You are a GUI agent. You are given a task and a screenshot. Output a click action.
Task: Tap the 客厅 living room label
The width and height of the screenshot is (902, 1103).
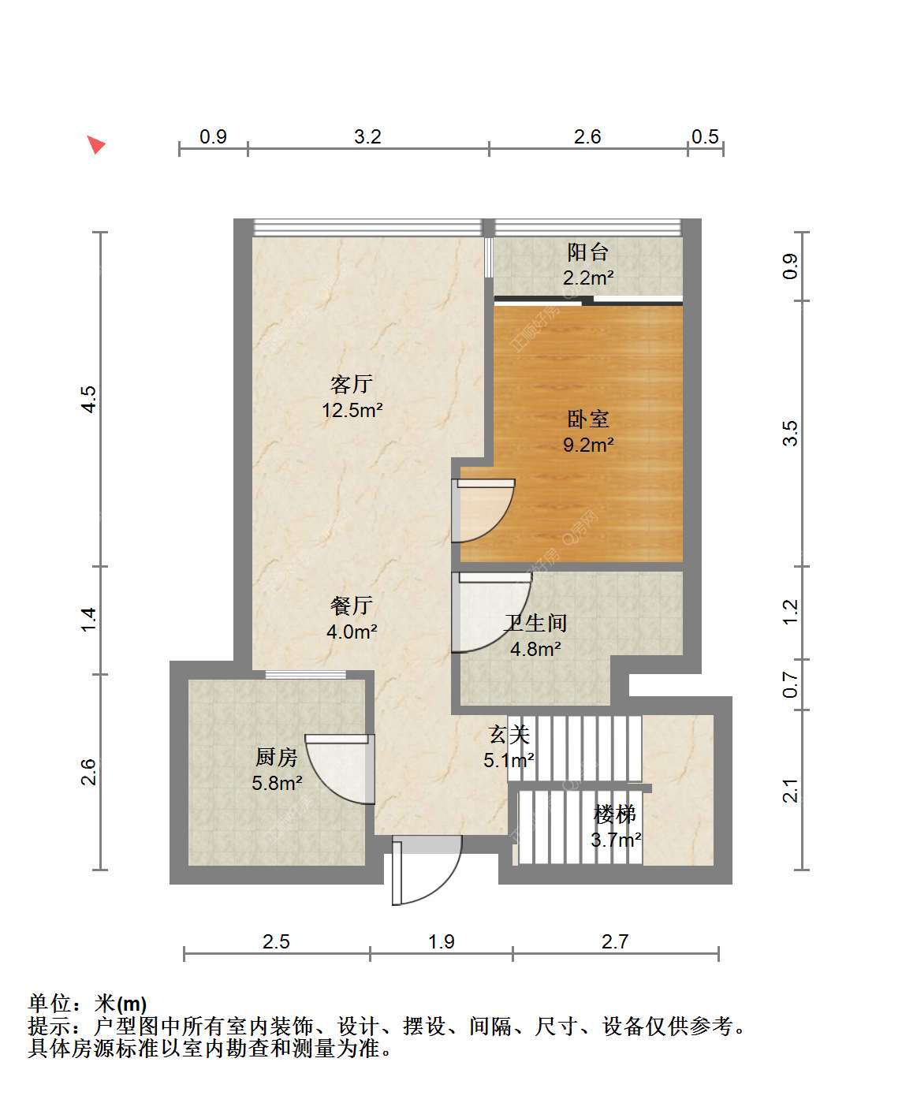pyautogui.click(x=352, y=385)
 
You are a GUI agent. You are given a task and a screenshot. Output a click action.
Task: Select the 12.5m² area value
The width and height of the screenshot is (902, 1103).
pyautogui.click(x=352, y=410)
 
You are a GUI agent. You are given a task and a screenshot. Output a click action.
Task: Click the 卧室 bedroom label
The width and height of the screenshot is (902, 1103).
pyautogui.click(x=588, y=419)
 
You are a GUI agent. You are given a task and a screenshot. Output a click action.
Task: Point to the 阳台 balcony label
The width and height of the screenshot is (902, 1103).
pyautogui.click(x=588, y=252)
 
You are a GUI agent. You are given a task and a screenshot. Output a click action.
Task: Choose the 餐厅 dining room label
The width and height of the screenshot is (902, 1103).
pyautogui.click(x=352, y=606)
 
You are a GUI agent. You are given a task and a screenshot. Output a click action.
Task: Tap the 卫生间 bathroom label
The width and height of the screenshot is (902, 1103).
pyautogui.click(x=535, y=623)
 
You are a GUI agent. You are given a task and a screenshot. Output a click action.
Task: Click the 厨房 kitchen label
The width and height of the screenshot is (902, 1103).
pyautogui.click(x=277, y=757)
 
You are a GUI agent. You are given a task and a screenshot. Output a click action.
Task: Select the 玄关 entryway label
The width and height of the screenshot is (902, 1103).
pyautogui.click(x=509, y=734)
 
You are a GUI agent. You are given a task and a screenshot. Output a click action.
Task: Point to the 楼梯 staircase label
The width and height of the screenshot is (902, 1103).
pyautogui.click(x=615, y=814)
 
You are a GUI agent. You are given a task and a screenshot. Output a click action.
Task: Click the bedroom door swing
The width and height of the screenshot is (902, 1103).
pyautogui.click(x=483, y=510)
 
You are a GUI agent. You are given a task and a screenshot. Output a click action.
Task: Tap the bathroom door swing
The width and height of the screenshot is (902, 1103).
pyautogui.click(x=491, y=612)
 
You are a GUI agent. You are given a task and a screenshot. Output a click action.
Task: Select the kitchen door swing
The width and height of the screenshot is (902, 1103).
pyautogui.click(x=340, y=769)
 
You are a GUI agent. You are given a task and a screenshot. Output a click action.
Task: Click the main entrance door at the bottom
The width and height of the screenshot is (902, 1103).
pyautogui.click(x=427, y=870)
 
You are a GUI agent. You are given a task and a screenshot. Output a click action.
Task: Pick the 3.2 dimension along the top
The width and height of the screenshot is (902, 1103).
pyautogui.click(x=367, y=136)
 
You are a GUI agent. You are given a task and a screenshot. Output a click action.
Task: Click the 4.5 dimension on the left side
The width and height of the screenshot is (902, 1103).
pyautogui.click(x=88, y=399)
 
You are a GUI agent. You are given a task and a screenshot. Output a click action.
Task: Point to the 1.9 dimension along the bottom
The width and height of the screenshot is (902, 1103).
pyautogui.click(x=441, y=941)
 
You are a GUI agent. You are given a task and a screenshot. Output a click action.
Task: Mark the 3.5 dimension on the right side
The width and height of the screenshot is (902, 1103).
pyautogui.click(x=790, y=433)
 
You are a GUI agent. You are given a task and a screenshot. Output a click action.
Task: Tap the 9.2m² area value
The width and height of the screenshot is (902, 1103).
pyautogui.click(x=588, y=445)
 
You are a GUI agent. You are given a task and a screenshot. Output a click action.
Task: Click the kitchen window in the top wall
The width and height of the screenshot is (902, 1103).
pyautogui.click(x=305, y=674)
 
